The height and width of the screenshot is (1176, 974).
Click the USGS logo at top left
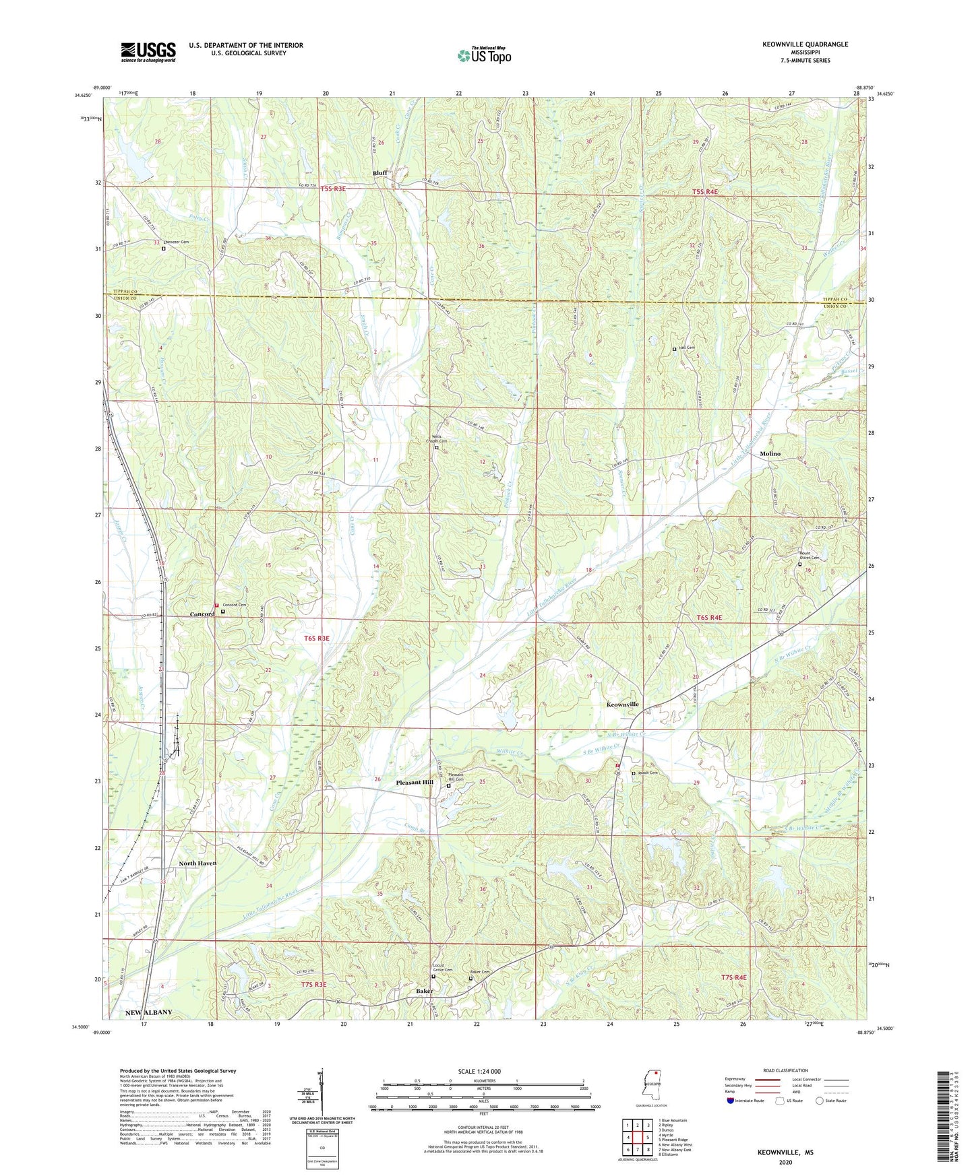point(148,52)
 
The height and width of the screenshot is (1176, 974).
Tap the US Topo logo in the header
point(483,55)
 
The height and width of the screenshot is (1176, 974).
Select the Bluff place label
point(380,173)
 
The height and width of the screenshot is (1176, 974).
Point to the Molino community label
point(770,454)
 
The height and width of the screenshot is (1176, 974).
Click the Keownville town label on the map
point(622,704)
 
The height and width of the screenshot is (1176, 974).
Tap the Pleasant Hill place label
point(415,783)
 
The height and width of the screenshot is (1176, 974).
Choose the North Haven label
point(197,863)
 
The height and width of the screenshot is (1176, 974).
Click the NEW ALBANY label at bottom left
point(148,1013)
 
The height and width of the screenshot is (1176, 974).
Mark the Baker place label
point(424,991)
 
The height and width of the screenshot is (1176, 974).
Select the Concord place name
point(202,614)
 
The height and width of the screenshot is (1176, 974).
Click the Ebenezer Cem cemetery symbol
point(163,249)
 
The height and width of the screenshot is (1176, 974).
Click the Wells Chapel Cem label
point(439,439)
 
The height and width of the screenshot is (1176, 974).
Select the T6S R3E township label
point(317,638)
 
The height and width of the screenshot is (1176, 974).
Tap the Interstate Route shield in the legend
point(731,1101)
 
